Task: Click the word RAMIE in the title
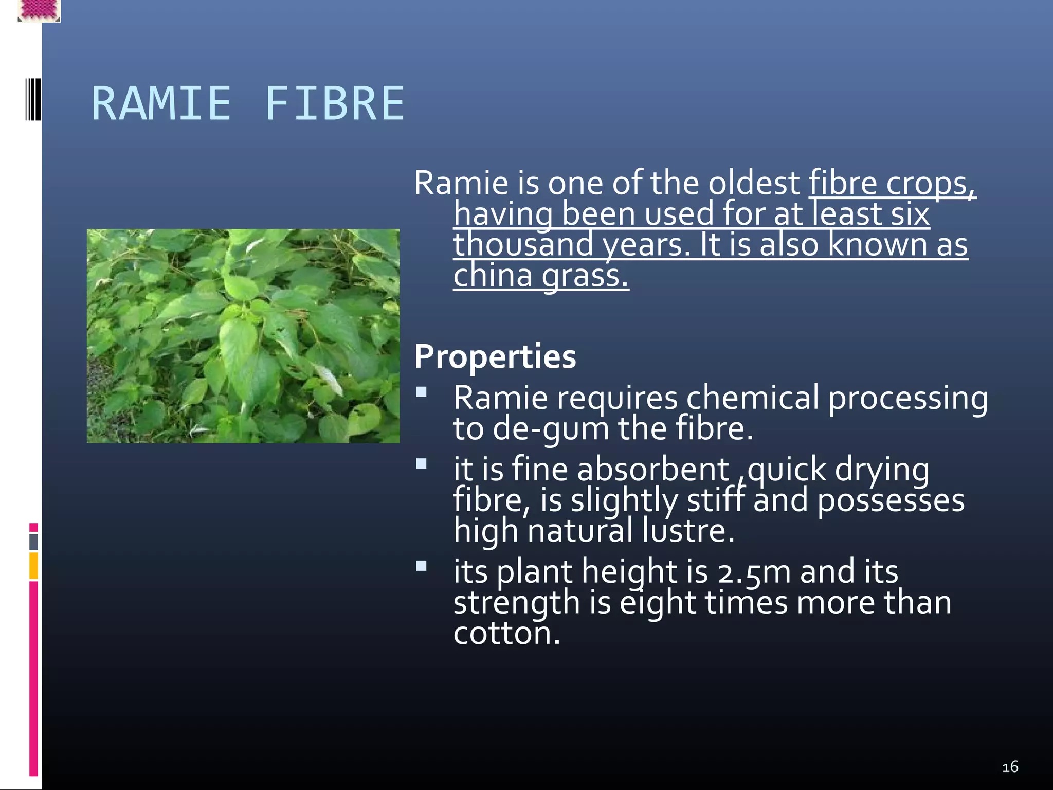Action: tap(161, 104)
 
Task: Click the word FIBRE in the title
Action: tap(335, 104)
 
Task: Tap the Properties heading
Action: tap(495, 356)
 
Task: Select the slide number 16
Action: tap(1010, 767)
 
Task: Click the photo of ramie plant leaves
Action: tap(243, 336)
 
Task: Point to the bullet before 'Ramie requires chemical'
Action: tap(421, 392)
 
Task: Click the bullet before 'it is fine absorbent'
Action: tap(421, 464)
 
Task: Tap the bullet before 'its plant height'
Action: tap(421, 566)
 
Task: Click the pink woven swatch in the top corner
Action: tap(39, 10)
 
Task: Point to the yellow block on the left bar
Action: tap(33, 565)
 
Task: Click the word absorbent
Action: tap(653, 470)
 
